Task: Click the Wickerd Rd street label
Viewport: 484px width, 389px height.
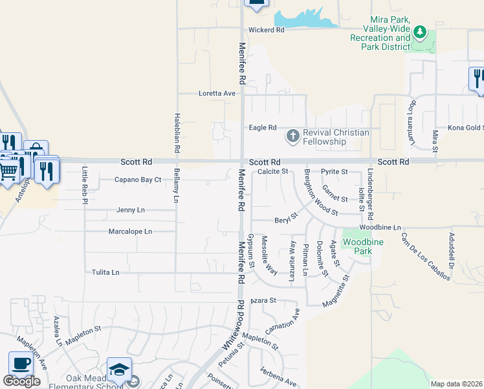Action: tap(267, 30)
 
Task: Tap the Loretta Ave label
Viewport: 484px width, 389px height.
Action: tap(216, 93)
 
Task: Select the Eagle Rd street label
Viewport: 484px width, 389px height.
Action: tap(263, 128)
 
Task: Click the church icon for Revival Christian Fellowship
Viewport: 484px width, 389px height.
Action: tap(292, 136)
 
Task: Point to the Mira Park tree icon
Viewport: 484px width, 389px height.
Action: tap(420, 30)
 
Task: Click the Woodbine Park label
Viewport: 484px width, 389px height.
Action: tap(358, 246)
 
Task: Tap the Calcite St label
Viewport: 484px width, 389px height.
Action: tap(272, 172)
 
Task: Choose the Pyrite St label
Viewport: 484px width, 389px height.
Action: tap(335, 172)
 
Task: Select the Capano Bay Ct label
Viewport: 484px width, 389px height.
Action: tap(138, 180)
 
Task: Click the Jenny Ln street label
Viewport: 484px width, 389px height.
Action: tap(131, 210)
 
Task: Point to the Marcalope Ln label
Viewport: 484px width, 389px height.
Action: tap(130, 231)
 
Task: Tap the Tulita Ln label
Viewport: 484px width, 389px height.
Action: tap(105, 273)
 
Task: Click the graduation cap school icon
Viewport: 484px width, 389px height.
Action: tap(119, 369)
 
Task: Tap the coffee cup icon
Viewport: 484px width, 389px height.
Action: tap(21, 363)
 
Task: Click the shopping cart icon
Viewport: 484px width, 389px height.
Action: tap(8, 171)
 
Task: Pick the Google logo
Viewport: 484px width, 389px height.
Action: tap(21, 381)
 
